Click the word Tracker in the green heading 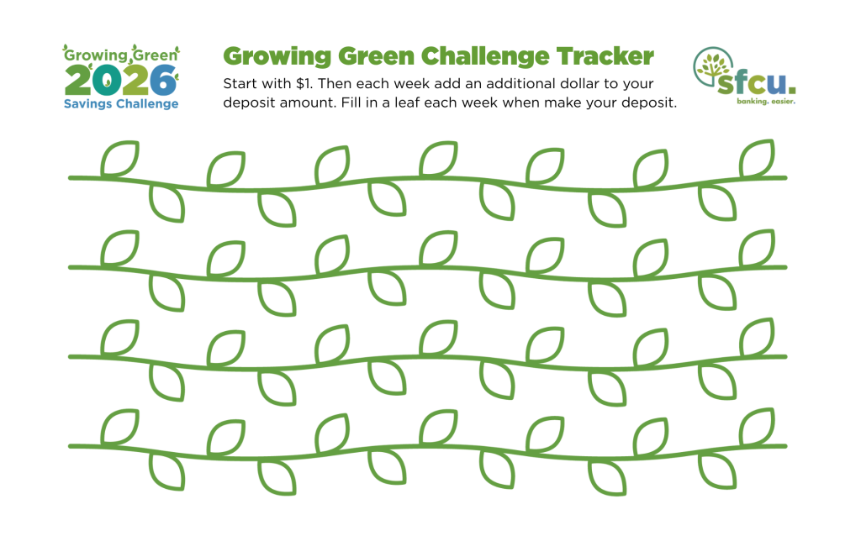tap(605, 56)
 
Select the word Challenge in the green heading tap(485, 57)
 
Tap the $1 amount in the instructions tap(304, 83)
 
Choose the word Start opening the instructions tap(240, 83)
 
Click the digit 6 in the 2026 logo tap(163, 81)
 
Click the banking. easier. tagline tap(766, 102)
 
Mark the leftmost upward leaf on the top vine tap(119, 159)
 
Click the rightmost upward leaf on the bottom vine tap(757, 427)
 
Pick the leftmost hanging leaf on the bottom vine tap(167, 471)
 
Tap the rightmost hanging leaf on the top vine tap(717, 203)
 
